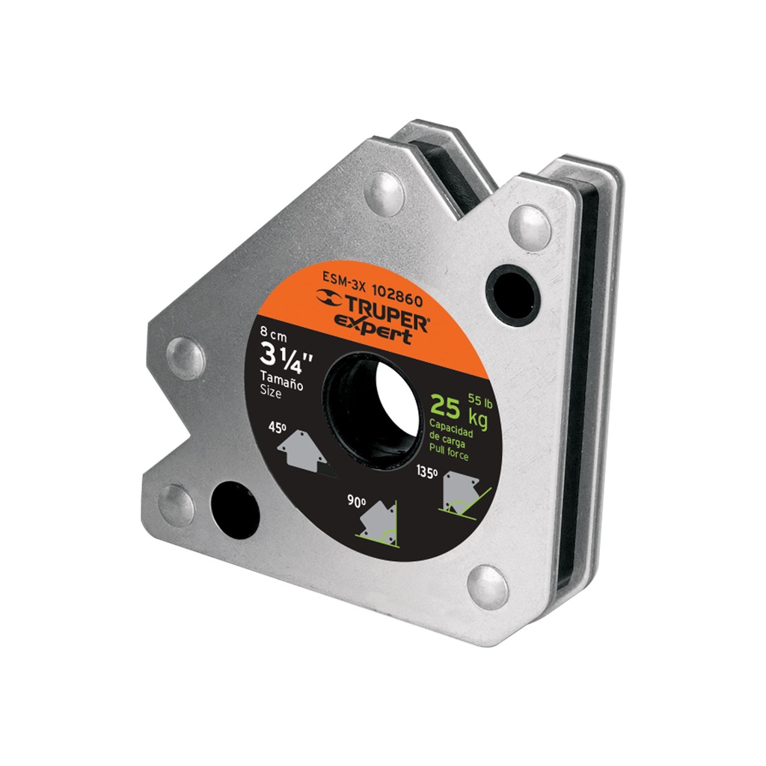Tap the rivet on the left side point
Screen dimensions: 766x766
(x=184, y=358)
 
